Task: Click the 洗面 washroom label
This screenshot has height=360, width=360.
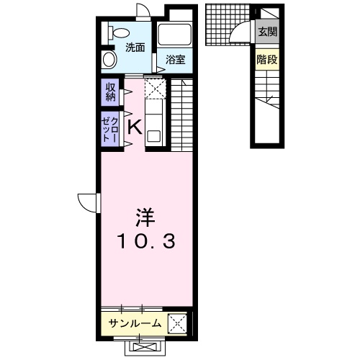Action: [x=135, y=48]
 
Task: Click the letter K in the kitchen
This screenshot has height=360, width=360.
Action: [x=134, y=127]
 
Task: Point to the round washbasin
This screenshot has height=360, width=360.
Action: [x=110, y=60]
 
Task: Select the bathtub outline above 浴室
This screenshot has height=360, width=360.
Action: [x=173, y=36]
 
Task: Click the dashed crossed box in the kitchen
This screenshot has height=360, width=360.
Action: [x=156, y=89]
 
